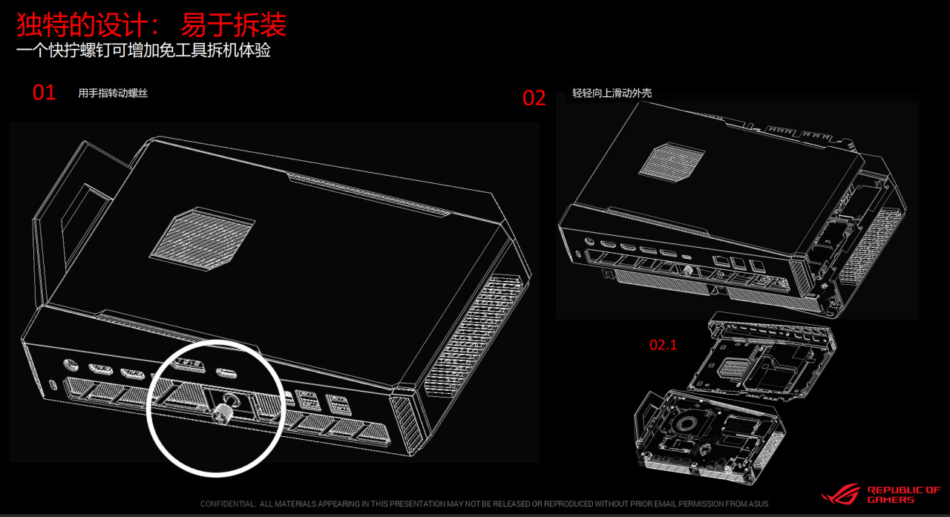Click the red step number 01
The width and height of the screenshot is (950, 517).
(44, 93)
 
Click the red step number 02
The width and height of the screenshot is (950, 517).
(534, 98)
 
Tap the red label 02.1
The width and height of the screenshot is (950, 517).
(664, 345)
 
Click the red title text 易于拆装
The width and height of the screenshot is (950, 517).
(234, 25)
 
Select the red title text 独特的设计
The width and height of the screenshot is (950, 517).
(82, 25)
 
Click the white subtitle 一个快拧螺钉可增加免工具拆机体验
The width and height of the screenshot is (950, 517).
(143, 50)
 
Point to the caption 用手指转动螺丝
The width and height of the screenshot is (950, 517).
(113, 93)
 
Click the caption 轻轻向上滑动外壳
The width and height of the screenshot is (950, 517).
(612, 93)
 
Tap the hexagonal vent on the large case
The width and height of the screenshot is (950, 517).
(202, 239)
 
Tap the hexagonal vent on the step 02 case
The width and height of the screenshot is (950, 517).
(672, 162)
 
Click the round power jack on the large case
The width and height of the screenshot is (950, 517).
(70, 364)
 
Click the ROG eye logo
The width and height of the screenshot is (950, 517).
(841, 495)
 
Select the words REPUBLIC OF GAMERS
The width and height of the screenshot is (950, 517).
(903, 495)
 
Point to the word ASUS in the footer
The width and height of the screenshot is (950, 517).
(759, 504)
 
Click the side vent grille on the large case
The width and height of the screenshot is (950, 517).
(473, 335)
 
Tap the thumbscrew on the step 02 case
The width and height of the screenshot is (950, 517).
(687, 270)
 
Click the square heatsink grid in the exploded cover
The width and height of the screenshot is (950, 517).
(730, 368)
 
